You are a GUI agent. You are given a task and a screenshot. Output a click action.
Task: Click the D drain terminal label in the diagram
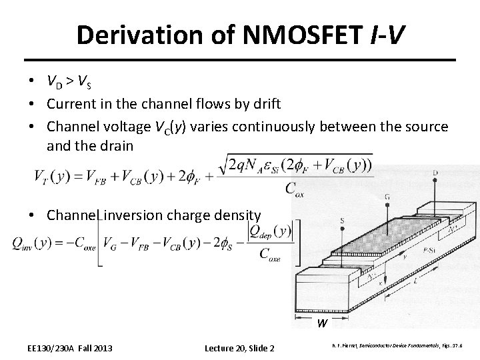click(x=435, y=175)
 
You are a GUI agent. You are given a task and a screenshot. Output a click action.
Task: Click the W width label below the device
click(x=322, y=323)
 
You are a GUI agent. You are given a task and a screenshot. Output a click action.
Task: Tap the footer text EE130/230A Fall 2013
click(x=70, y=348)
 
